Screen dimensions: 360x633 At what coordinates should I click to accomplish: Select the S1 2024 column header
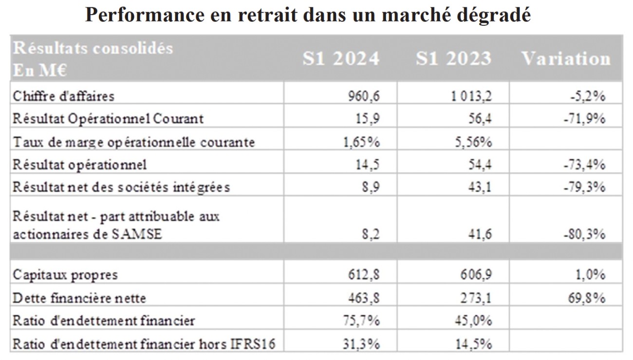tap(340, 58)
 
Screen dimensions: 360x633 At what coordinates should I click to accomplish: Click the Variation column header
tap(566, 58)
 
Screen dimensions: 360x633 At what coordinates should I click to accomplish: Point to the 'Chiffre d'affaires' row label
tap(64, 96)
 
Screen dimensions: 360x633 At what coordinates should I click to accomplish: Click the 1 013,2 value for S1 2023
tap(472, 96)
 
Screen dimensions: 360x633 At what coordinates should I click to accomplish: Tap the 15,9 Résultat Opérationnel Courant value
tap(370, 119)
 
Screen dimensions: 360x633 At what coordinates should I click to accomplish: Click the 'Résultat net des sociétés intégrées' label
tap(121, 187)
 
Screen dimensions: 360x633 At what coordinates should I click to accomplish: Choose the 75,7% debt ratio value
tap(365, 321)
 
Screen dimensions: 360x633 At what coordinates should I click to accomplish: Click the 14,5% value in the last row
tap(476, 344)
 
